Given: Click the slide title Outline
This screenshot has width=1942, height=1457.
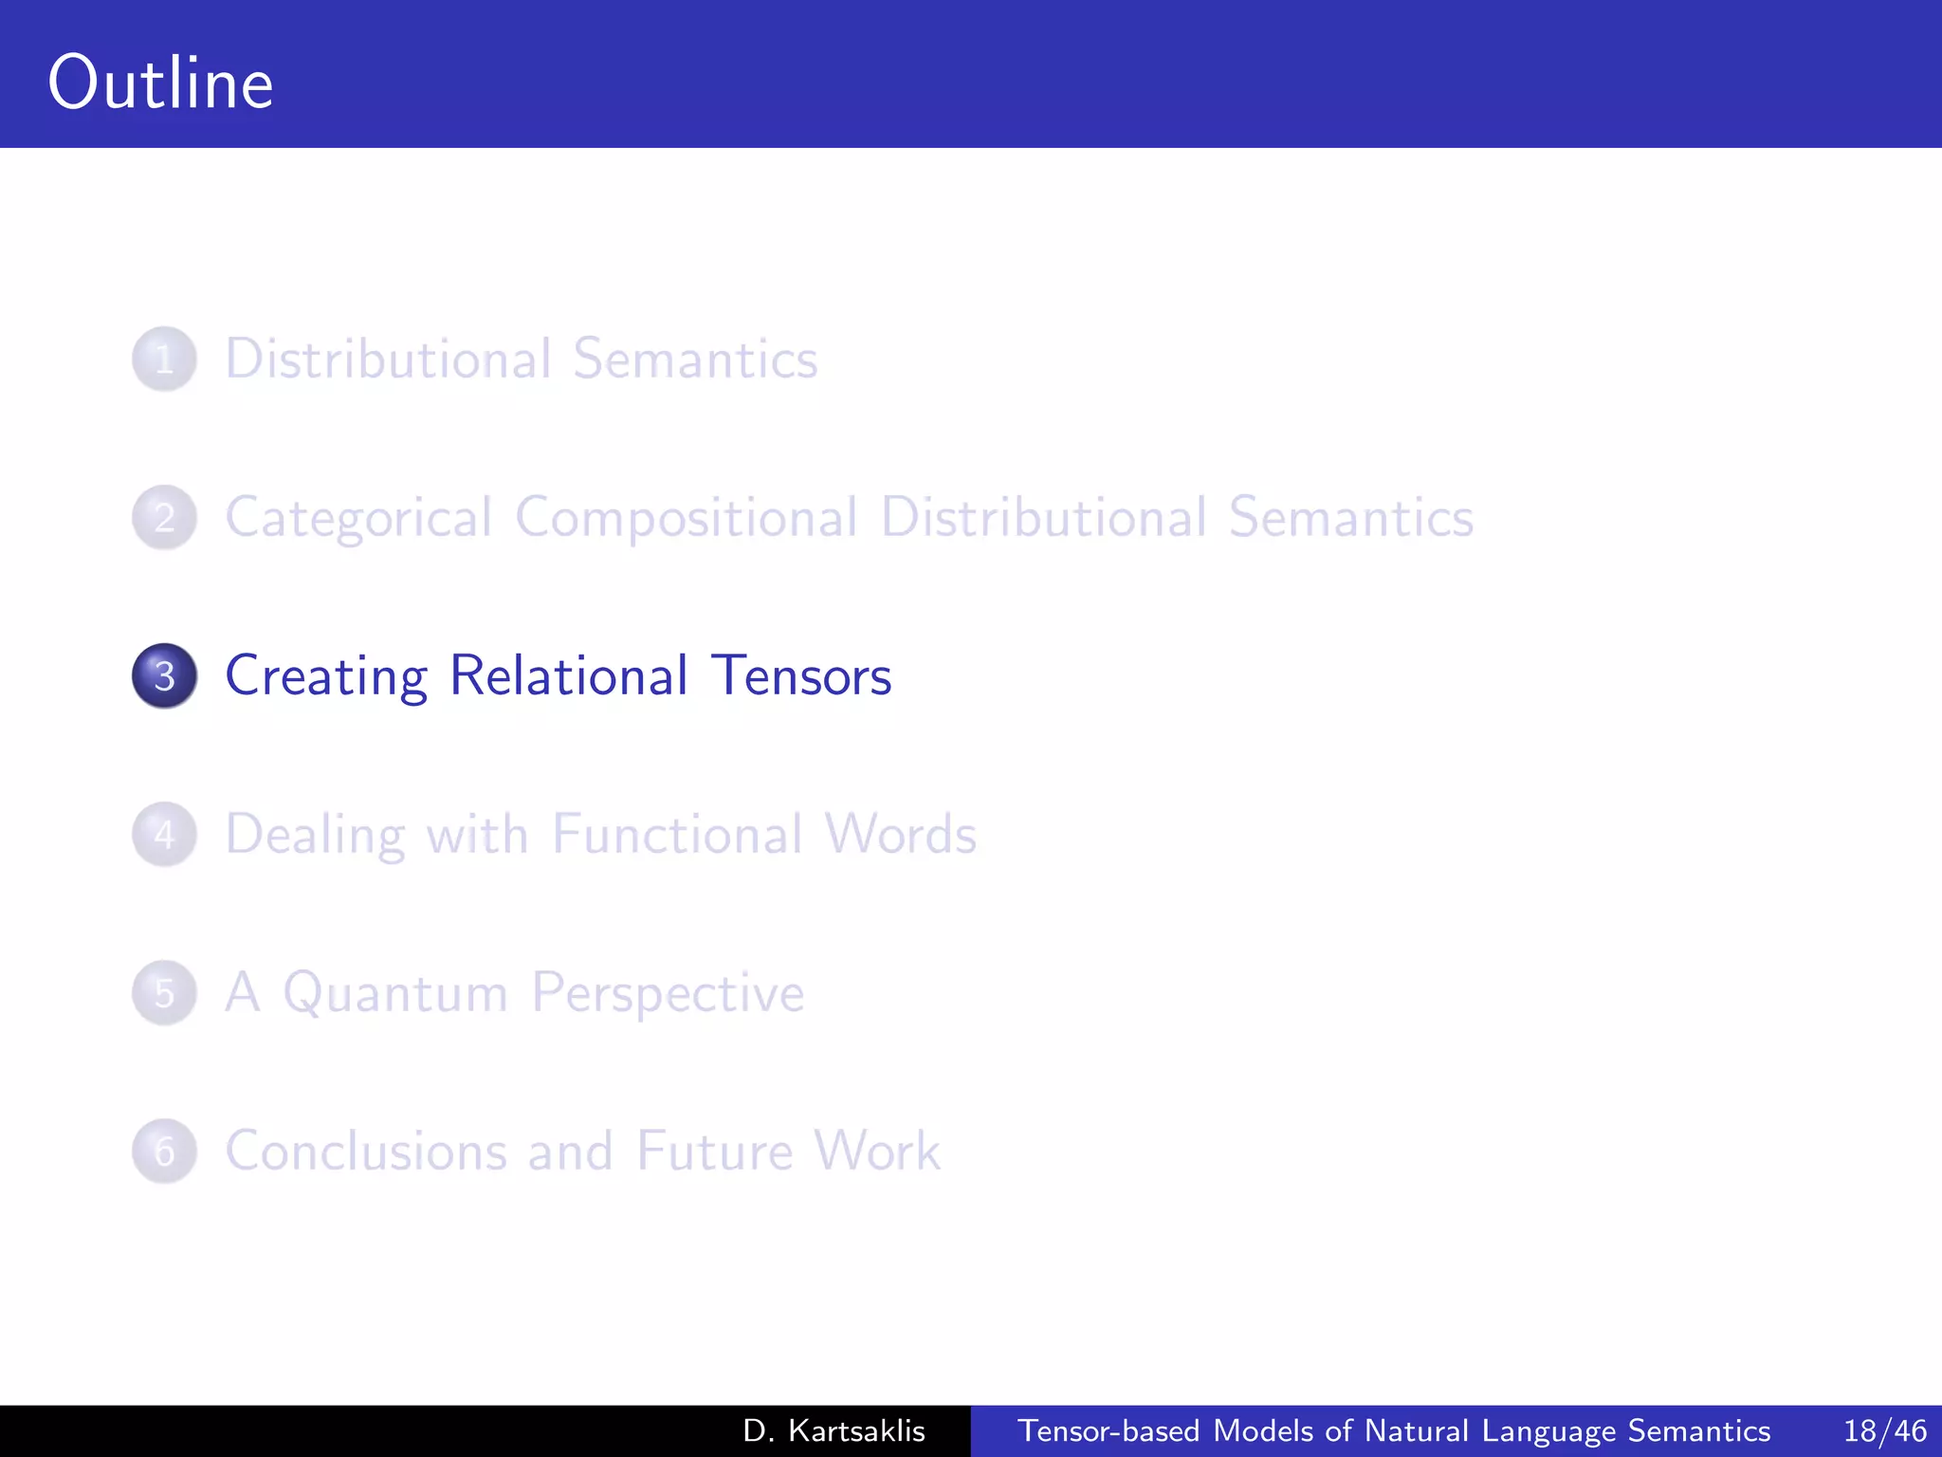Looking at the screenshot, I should click(161, 83).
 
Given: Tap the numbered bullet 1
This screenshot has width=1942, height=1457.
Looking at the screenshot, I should click(164, 360).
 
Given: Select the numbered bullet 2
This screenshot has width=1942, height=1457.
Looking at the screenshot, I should click(164, 518).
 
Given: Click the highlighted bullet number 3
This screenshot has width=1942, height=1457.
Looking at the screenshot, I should click(164, 676).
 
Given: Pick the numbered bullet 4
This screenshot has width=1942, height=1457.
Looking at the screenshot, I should click(164, 835).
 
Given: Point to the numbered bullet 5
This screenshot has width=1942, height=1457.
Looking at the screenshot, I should click(164, 993).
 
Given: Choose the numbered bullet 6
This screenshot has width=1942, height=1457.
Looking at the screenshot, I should click(164, 1152).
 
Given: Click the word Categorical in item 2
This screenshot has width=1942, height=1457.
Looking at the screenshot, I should click(358, 519).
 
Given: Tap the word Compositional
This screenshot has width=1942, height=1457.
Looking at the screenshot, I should click(687, 519).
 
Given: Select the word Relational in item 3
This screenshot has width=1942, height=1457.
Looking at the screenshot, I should click(569, 676).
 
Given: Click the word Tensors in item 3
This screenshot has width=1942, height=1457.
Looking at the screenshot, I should click(801, 676).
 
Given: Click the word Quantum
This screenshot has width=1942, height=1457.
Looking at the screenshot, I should click(395, 994).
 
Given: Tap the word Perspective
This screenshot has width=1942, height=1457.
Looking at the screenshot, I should click(668, 994).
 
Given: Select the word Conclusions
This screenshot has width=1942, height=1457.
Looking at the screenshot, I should click(365, 1152).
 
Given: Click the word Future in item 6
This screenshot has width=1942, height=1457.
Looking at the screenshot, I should click(714, 1152).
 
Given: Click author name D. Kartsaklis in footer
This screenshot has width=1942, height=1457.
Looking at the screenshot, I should click(834, 1431).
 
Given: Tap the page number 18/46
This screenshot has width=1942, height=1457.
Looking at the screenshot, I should click(1884, 1431).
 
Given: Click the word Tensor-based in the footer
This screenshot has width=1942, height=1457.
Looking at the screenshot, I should click(1108, 1431).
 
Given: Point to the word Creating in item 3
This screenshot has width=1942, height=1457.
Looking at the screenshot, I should click(326, 676).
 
